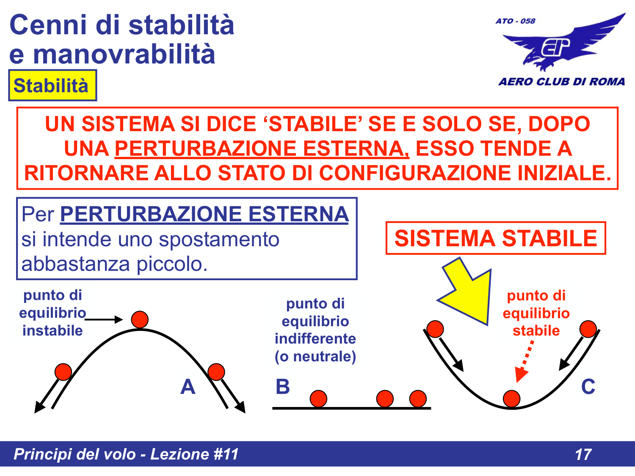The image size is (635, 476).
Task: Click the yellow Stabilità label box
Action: click(52, 85)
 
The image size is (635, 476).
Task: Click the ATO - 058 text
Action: click(515, 21)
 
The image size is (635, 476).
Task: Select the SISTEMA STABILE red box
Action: click(495, 238)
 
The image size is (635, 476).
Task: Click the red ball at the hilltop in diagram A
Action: click(140, 319)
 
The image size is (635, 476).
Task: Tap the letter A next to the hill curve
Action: click(188, 387)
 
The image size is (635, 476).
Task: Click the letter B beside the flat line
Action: click(283, 387)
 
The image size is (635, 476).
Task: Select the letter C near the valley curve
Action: click(588, 387)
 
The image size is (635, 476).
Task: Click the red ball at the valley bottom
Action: click(511, 399)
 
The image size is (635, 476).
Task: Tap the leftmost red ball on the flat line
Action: click(318, 399)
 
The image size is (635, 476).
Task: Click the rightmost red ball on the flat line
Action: click(418, 399)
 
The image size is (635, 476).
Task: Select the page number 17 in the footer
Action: click(583, 454)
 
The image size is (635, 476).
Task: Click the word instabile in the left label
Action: click(52, 330)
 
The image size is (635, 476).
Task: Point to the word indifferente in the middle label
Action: click(315, 338)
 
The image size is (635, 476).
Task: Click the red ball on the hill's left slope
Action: click(63, 371)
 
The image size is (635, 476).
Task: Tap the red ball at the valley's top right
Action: click(588, 329)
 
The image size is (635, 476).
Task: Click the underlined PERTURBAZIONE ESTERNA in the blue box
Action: click(204, 214)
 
